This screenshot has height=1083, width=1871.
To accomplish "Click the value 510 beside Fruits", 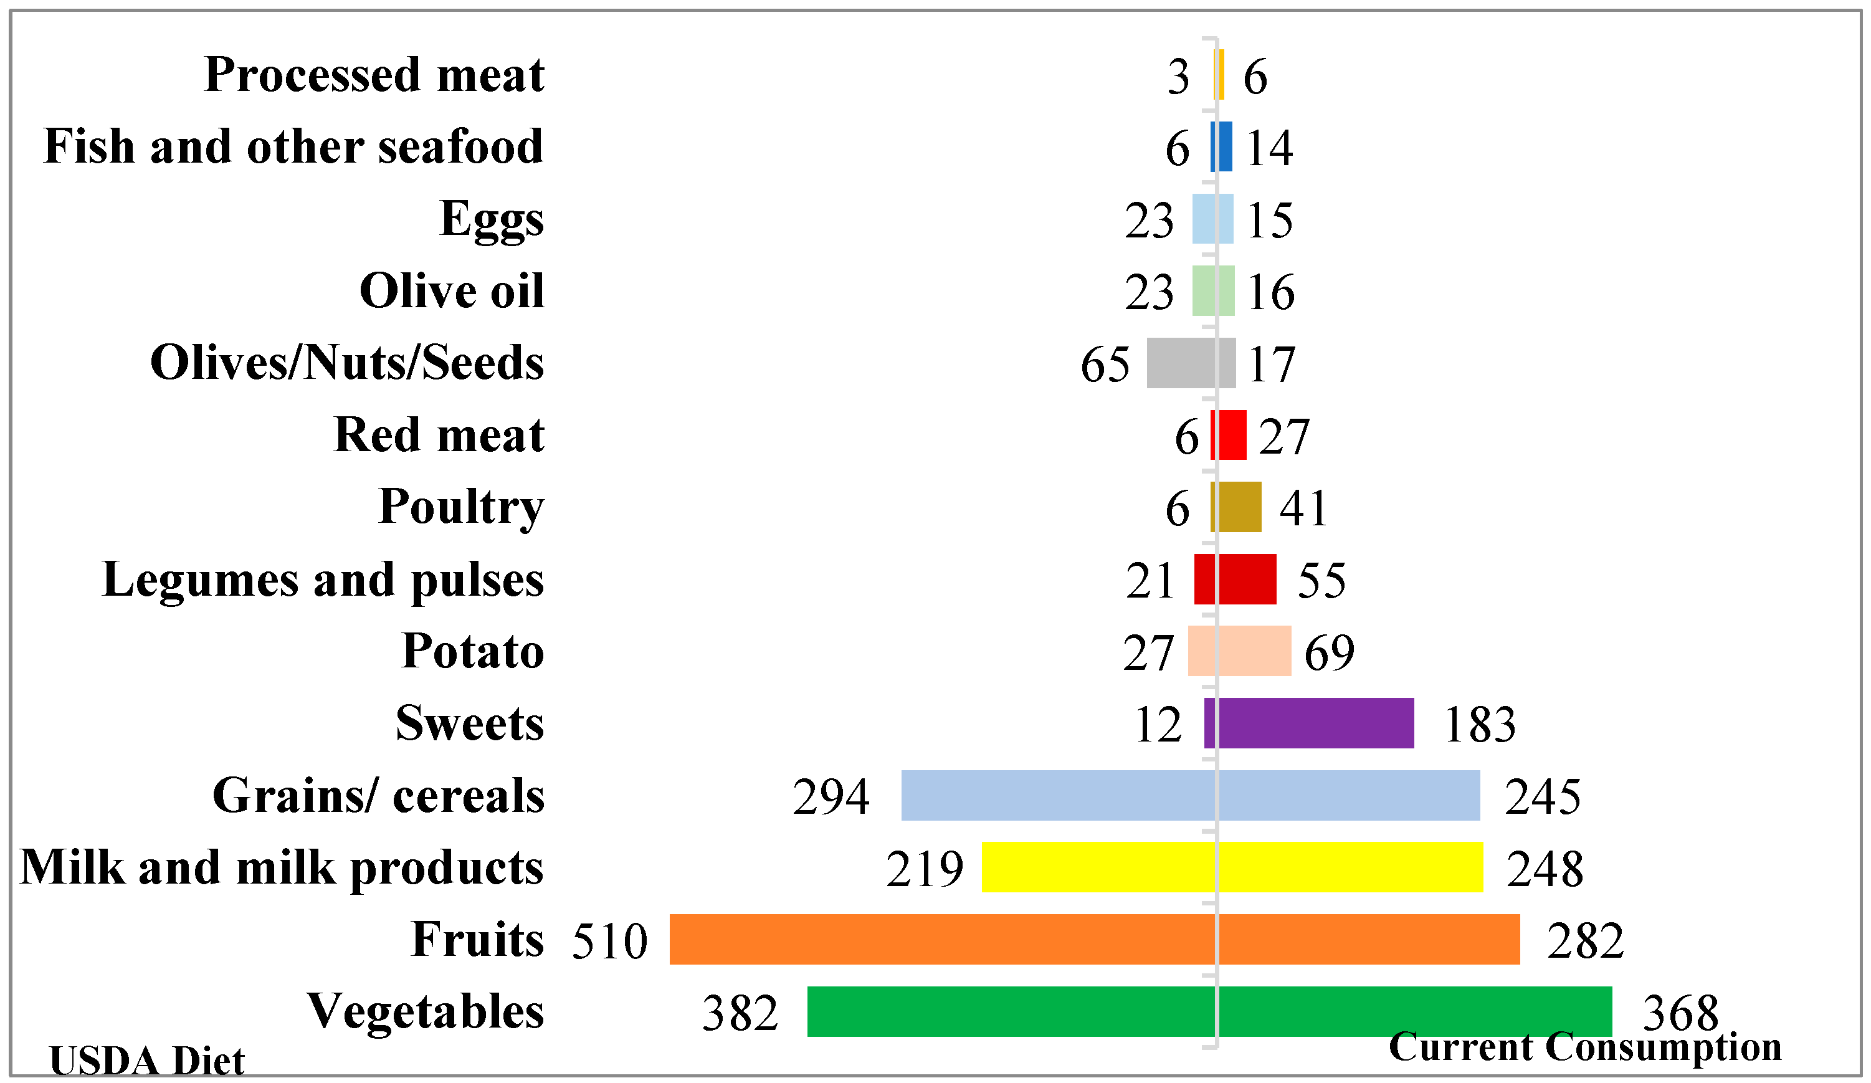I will pyautogui.click(x=609, y=941).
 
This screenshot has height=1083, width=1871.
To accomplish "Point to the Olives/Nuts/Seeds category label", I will pyautogui.click(x=347, y=363).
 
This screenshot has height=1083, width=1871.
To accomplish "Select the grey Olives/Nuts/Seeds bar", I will pyautogui.click(x=1190, y=363).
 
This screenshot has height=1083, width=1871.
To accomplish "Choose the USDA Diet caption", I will pyautogui.click(x=146, y=1060).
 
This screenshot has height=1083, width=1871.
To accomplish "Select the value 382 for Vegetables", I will pyautogui.click(x=740, y=1013).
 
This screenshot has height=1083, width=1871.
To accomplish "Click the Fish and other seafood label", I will pyautogui.click(x=293, y=146).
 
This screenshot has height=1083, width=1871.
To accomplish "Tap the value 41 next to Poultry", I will pyautogui.click(x=1303, y=509).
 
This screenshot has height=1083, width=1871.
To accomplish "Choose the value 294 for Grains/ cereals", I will pyautogui.click(x=830, y=797).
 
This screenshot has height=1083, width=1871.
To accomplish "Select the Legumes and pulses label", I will pyautogui.click(x=322, y=580).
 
